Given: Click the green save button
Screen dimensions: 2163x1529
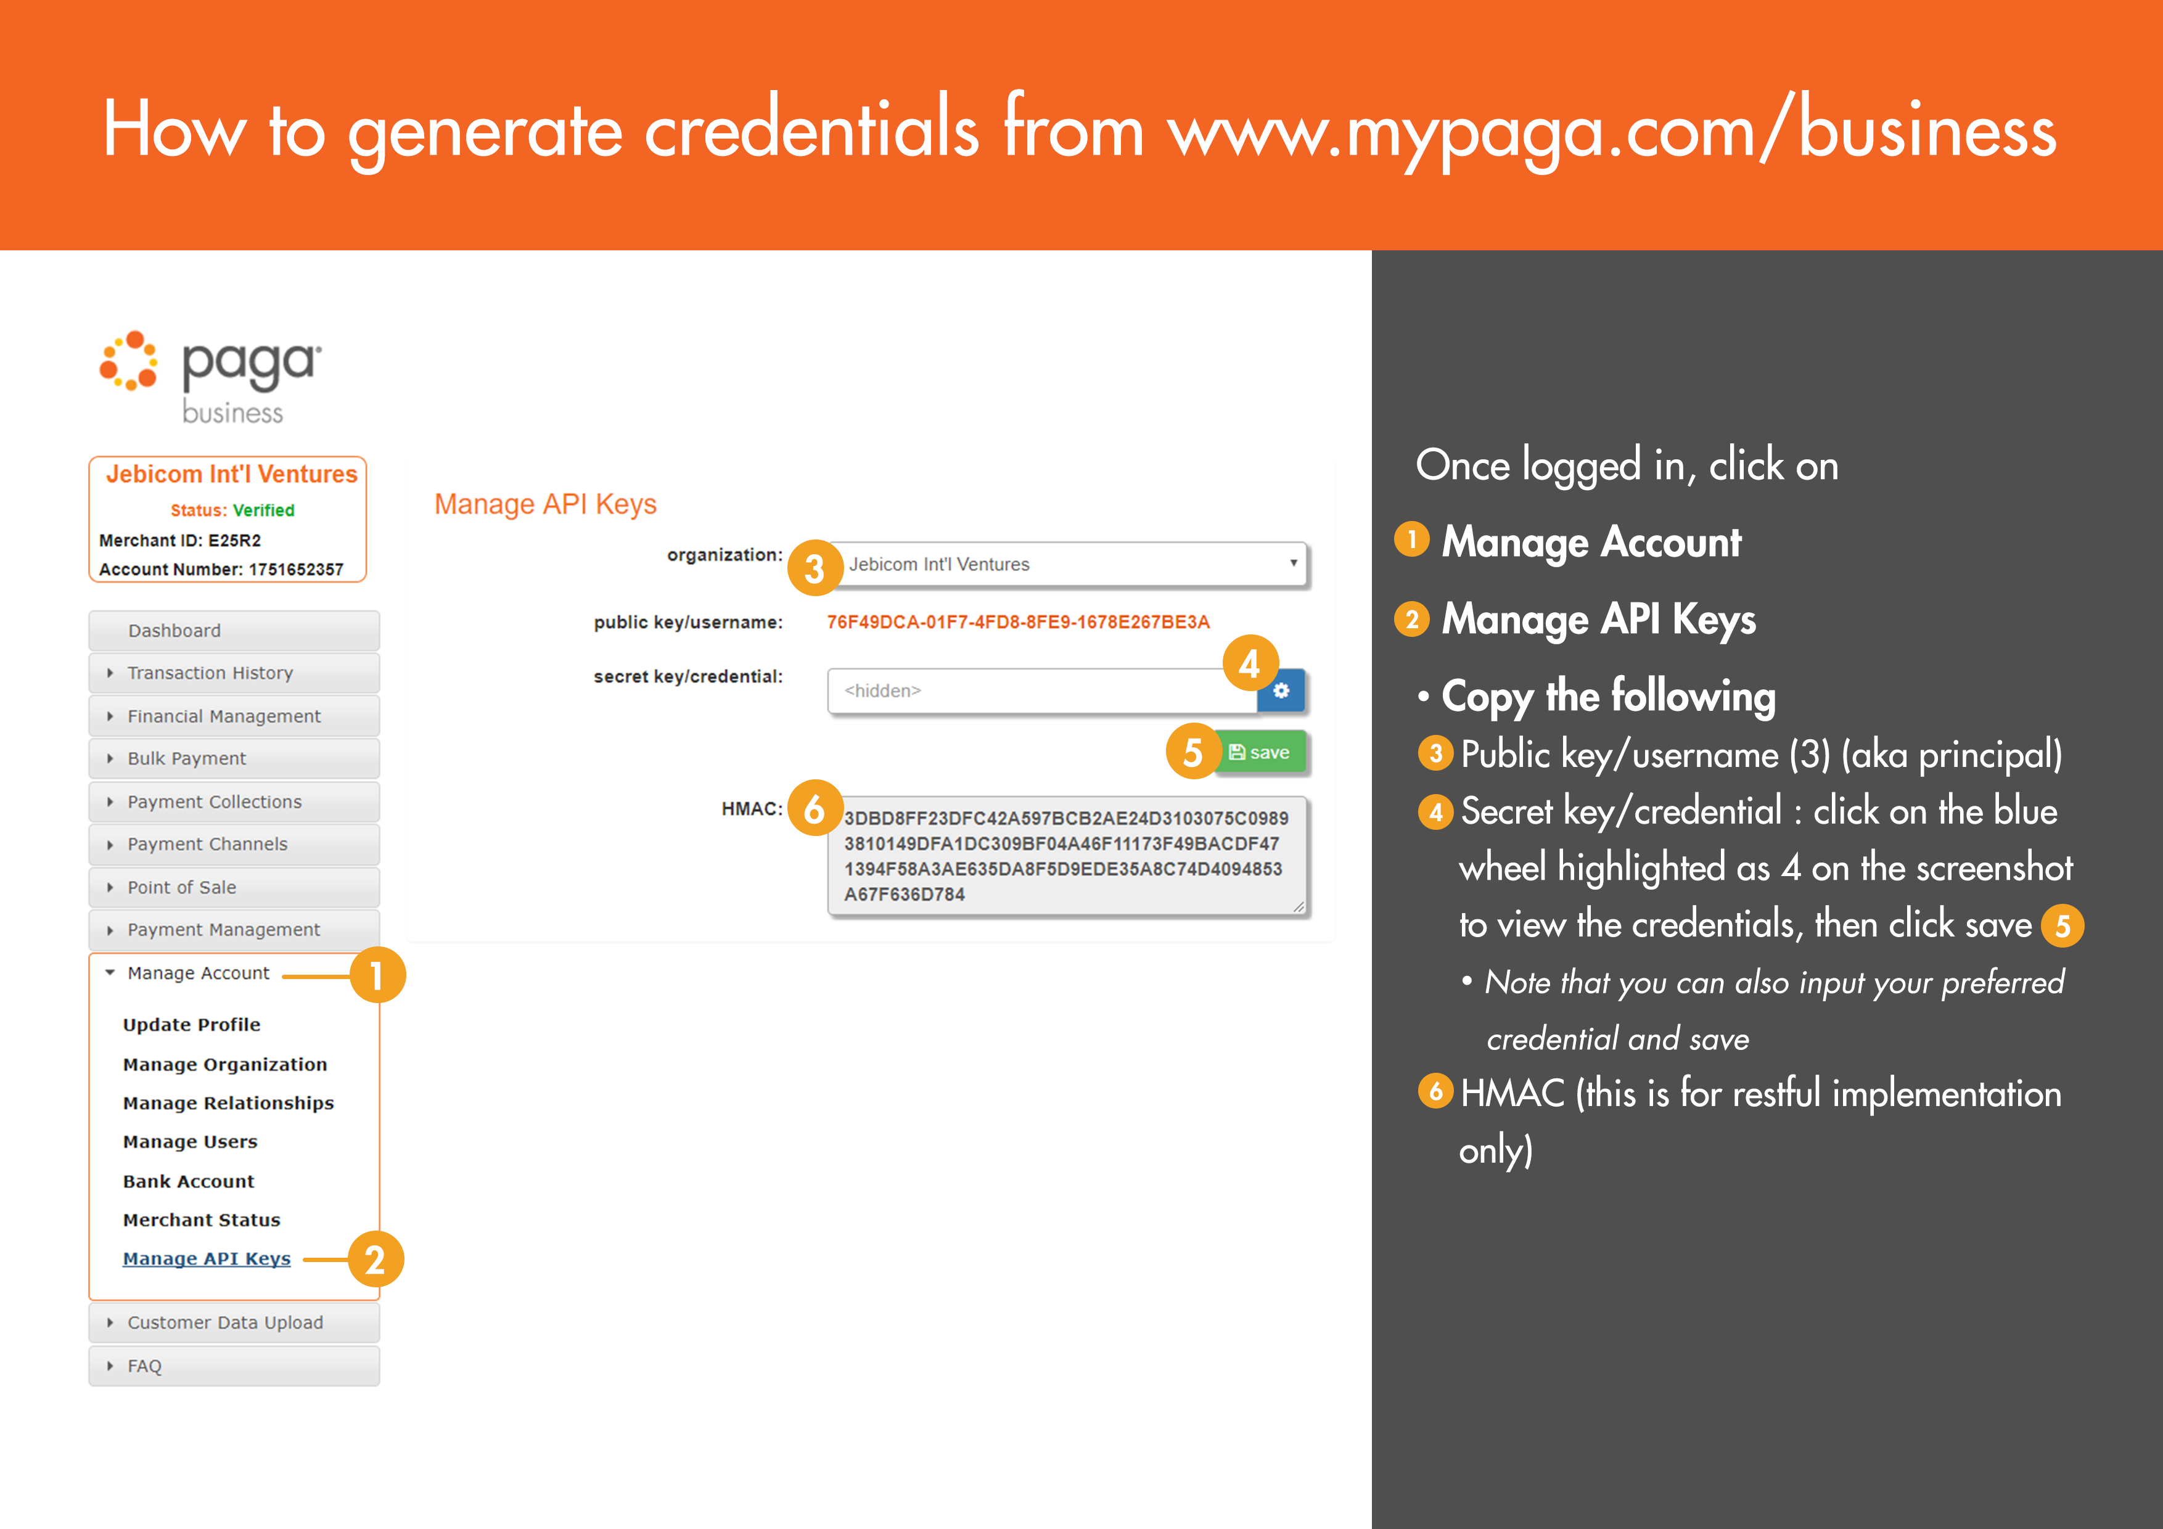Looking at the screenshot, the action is (x=1260, y=752).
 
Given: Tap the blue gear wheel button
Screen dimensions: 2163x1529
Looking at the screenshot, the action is (x=1281, y=691).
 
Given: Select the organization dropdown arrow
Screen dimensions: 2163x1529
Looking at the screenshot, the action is (x=1294, y=562).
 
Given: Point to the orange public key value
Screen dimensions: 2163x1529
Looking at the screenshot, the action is (x=1017, y=622).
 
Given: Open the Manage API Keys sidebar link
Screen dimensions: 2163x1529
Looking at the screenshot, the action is (x=207, y=1258).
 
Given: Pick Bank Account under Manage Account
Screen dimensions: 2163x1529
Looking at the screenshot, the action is (x=189, y=1181).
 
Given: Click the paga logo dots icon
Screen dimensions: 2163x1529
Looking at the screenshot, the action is (x=129, y=361).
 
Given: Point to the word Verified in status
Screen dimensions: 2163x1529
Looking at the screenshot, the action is (x=264, y=510).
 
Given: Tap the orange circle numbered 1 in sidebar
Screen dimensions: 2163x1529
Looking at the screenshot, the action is (x=377, y=976).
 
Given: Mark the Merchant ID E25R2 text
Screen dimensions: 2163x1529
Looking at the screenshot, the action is (x=180, y=541).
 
